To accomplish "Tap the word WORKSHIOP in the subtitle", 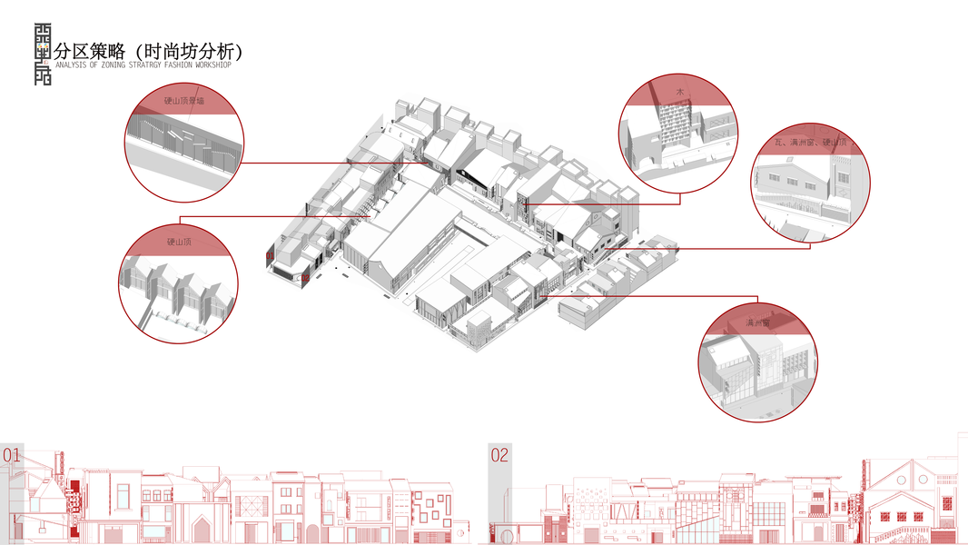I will click(x=210, y=65).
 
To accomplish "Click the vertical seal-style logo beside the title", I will click(x=42, y=53).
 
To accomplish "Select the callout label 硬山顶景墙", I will click(x=184, y=101).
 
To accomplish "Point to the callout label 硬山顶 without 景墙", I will click(x=178, y=243).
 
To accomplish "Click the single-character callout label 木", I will click(x=678, y=93).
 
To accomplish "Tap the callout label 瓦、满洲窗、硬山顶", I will click(x=810, y=143).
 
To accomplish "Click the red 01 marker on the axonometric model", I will click(x=269, y=257).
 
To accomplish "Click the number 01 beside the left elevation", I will click(x=12, y=454).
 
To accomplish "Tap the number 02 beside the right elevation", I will click(x=499, y=455).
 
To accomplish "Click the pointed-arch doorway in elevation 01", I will click(x=202, y=528).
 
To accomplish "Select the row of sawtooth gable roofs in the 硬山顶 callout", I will click(x=177, y=286).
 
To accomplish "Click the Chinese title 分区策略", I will click(x=89, y=50).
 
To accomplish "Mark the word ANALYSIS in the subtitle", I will click(x=72, y=65).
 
